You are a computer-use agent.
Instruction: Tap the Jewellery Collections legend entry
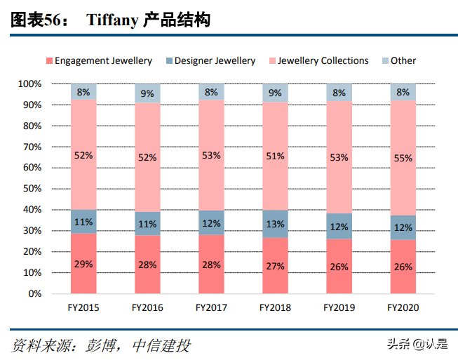pyautogui.click(x=323, y=61)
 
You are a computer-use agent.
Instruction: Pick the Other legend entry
pyautogui.click(x=403, y=61)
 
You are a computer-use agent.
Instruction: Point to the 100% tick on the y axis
pyautogui.click(x=29, y=84)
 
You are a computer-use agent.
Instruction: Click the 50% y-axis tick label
pyautogui.click(x=32, y=189)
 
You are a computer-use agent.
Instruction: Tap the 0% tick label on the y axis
pyautogui.click(x=34, y=293)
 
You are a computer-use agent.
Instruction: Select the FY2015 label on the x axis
pyautogui.click(x=83, y=307)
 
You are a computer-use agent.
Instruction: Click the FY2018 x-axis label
pyautogui.click(x=275, y=307)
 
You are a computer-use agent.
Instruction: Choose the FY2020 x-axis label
pyautogui.click(x=403, y=307)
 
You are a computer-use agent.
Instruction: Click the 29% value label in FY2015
pyautogui.click(x=83, y=265)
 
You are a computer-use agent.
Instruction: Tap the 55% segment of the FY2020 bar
pyautogui.click(x=403, y=159)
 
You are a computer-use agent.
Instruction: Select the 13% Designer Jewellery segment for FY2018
pyautogui.click(x=275, y=224)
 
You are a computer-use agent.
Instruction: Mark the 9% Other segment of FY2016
pyautogui.click(x=147, y=93)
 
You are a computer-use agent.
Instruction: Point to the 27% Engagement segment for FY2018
pyautogui.click(x=275, y=266)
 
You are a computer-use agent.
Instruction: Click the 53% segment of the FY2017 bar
pyautogui.click(x=211, y=155)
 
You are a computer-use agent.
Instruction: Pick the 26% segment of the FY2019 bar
pyautogui.click(x=339, y=267)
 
